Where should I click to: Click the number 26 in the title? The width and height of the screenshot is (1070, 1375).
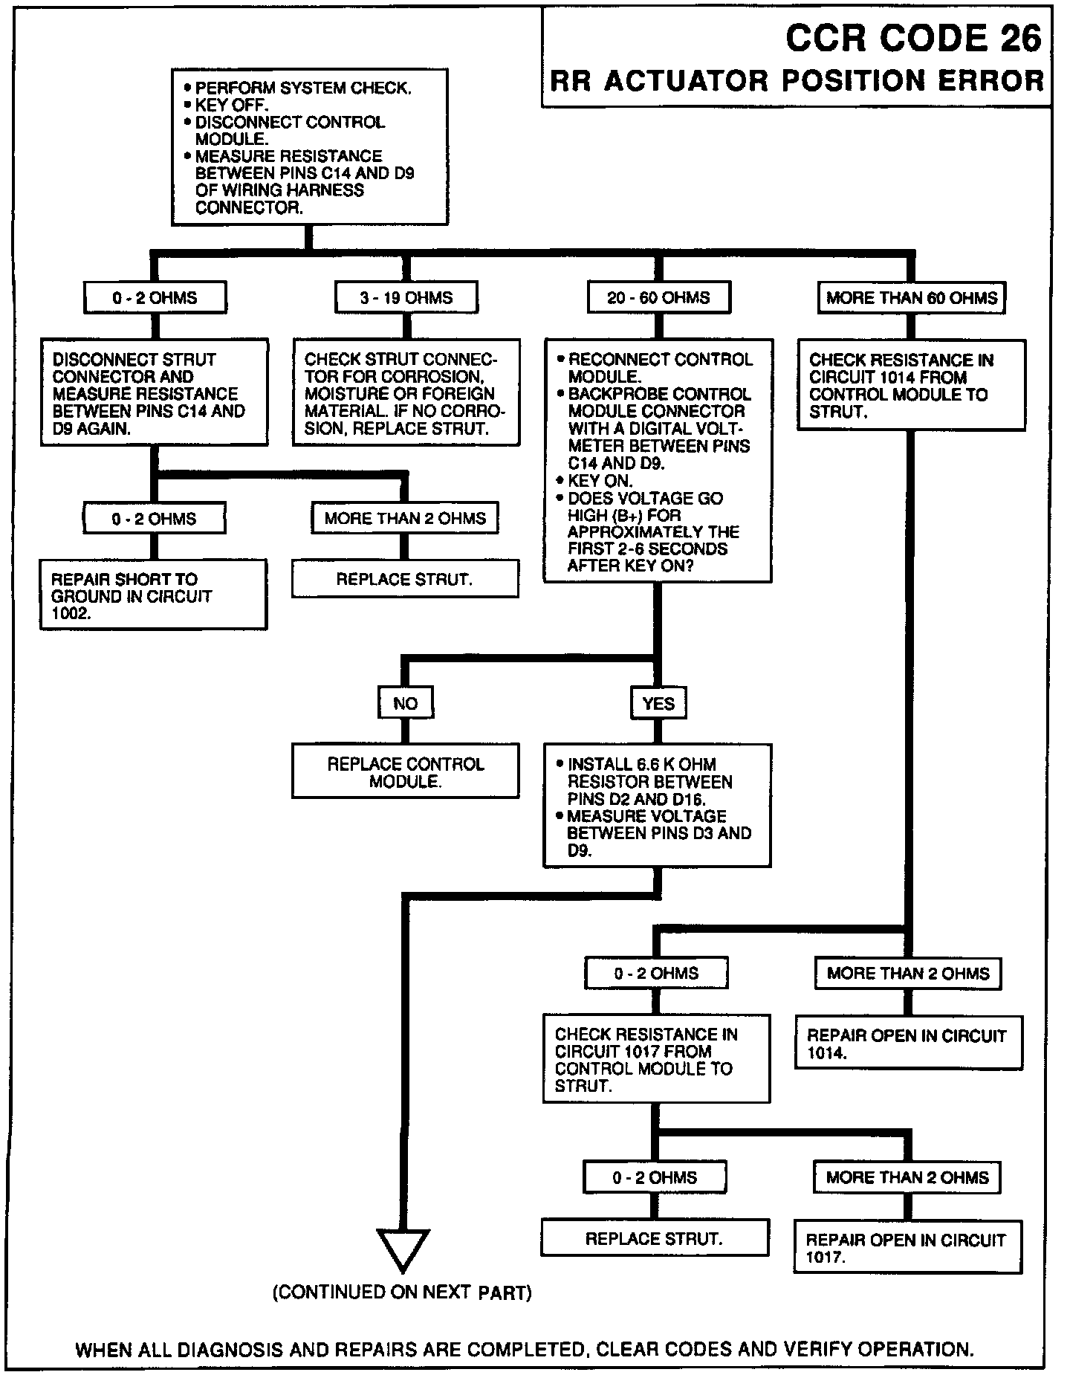pos(1021,39)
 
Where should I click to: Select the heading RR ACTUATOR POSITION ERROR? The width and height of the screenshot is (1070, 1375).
pos(797,81)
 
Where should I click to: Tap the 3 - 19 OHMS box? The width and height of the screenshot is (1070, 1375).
pos(406,298)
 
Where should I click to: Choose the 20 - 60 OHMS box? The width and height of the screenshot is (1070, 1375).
pos(658,298)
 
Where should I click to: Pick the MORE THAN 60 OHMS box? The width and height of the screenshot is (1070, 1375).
pos(911,298)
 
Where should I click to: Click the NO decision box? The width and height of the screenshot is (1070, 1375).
pos(405,703)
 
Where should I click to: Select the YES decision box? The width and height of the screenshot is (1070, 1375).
pos(658,703)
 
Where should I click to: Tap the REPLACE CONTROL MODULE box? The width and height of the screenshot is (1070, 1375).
pos(405,772)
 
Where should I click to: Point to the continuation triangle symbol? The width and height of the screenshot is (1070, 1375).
pos(403,1250)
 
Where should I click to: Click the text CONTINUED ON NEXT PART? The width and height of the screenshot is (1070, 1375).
pos(402,1293)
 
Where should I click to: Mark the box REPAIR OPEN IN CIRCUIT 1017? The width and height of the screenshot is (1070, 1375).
pos(907,1248)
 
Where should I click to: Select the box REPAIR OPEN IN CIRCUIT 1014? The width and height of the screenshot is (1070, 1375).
pos(908,1044)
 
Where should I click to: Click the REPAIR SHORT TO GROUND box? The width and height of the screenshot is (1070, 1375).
pos(153,595)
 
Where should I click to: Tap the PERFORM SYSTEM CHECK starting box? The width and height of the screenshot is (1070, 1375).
pos(309,147)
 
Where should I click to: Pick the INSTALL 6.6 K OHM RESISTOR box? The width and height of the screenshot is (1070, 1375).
pos(657,806)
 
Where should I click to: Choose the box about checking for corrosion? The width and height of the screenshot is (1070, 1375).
pos(406,393)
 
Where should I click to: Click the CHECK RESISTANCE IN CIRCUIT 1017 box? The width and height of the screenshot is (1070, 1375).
pos(656,1059)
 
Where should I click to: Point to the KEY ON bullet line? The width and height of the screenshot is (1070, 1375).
pos(600,480)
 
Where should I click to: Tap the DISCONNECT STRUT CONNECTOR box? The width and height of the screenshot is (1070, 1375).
pos(154,393)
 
